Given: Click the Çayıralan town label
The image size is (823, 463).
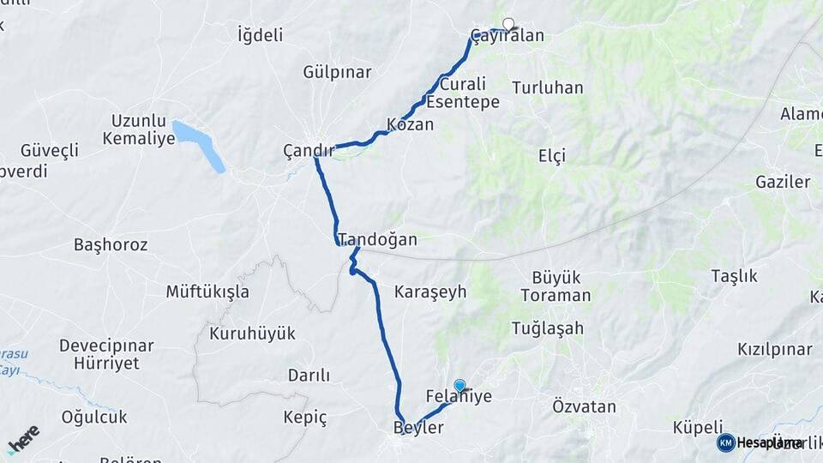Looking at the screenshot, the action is (x=508, y=37).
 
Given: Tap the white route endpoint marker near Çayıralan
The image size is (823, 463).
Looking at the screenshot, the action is (x=508, y=24).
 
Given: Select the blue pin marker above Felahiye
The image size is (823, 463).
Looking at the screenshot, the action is (x=460, y=386).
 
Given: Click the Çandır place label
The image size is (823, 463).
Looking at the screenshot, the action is (x=309, y=151).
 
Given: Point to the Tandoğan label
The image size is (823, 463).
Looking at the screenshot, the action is (x=377, y=239).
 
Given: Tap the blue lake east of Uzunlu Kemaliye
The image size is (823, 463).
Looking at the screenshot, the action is (x=199, y=144).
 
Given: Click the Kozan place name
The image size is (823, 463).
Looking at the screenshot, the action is (x=411, y=124).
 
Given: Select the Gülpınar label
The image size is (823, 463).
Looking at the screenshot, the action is (x=335, y=72).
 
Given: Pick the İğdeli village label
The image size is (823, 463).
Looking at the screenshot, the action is (x=260, y=35).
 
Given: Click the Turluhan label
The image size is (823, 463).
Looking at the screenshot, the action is (x=547, y=87).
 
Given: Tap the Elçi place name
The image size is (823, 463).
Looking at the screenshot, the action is (x=552, y=155).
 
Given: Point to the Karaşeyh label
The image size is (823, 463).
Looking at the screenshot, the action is (x=430, y=292).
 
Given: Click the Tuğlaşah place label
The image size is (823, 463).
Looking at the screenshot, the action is (x=547, y=328).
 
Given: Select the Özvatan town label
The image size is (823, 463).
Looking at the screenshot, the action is (x=585, y=406).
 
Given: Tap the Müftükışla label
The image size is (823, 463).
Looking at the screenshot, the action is (x=207, y=292).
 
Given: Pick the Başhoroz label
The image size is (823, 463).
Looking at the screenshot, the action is (x=111, y=245).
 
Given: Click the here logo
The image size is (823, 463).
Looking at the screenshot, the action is (x=23, y=439).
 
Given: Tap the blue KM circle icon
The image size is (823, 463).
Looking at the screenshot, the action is (x=725, y=442).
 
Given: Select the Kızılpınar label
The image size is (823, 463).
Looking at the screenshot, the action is (x=774, y=350).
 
